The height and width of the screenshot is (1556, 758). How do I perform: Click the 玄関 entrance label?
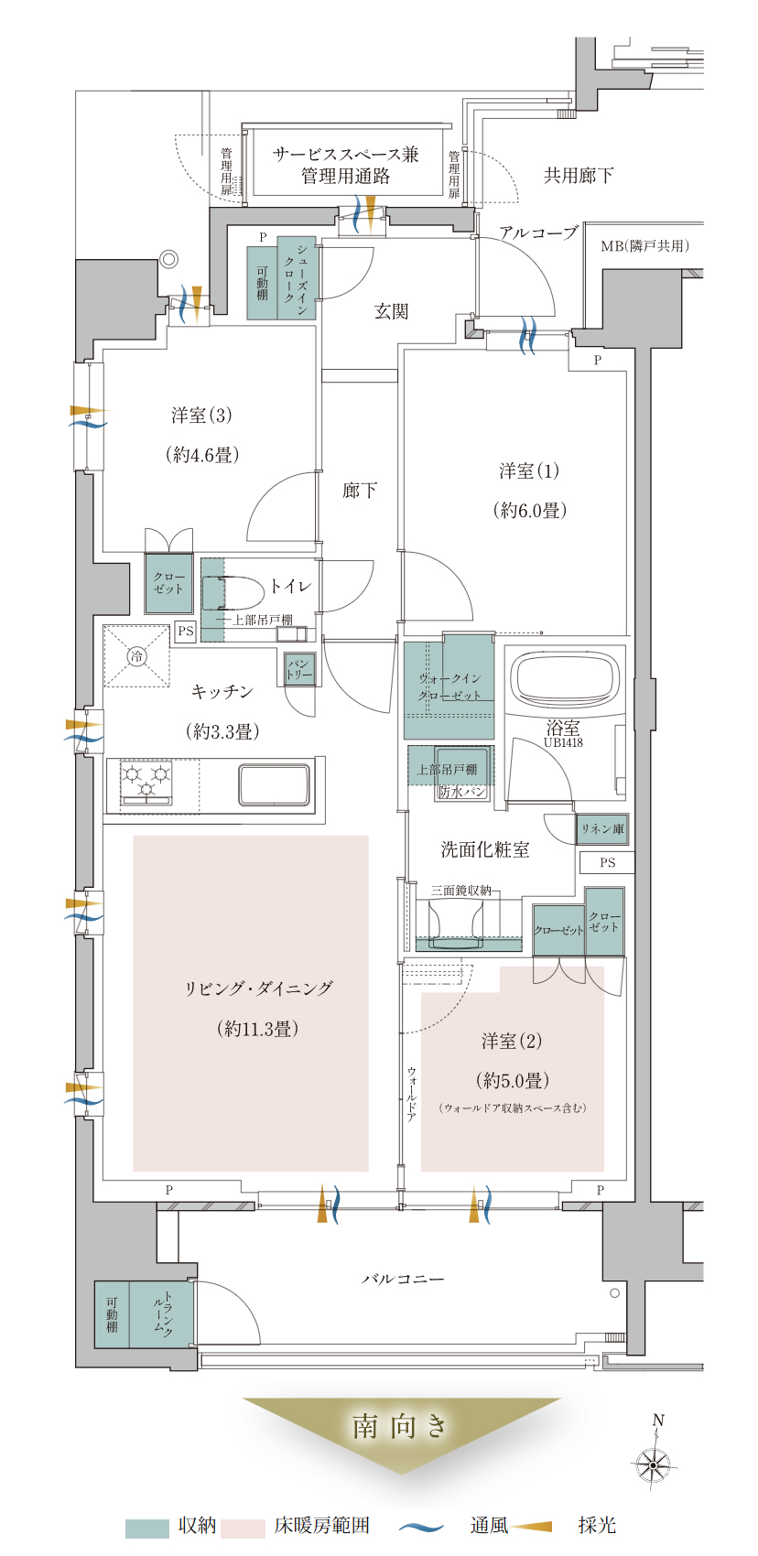point(391,311)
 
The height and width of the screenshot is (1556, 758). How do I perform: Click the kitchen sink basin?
point(274,784)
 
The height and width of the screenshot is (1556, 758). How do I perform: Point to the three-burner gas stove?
point(146,783)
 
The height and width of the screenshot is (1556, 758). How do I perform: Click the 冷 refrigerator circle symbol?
point(137,655)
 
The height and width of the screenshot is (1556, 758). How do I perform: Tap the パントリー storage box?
point(299,669)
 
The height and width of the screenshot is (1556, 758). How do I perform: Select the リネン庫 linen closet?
point(602,828)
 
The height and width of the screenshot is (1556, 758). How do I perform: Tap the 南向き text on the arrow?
point(399,1427)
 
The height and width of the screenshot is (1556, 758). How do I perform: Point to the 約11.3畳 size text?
point(258,1029)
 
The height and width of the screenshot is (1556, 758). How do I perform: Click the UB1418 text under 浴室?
point(563,742)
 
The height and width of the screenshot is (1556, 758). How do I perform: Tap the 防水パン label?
point(462,792)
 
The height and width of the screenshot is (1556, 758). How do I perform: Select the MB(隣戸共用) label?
point(644,245)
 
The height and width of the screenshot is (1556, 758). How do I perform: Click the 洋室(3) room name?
point(201,416)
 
